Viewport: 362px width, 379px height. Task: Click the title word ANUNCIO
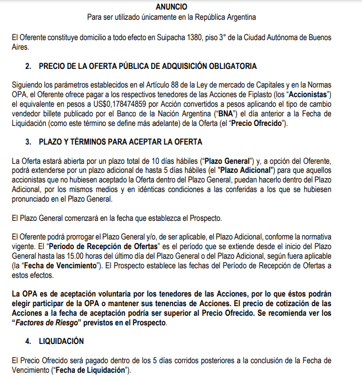pyautogui.click(x=180, y=7)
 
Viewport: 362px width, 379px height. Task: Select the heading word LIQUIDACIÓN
pyautogui.click(x=61, y=341)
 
